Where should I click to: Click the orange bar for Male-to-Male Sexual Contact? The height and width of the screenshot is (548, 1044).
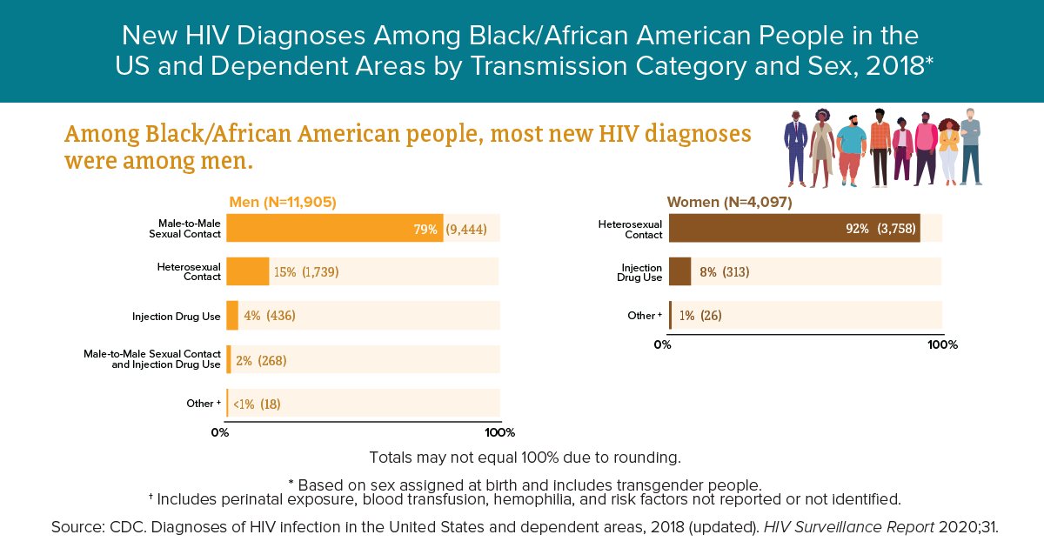coord(335,229)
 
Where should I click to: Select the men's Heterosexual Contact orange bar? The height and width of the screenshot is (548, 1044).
coord(248,272)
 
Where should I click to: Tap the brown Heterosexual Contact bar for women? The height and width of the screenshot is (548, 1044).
coord(794,228)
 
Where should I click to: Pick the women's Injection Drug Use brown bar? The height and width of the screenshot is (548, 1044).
coord(680,271)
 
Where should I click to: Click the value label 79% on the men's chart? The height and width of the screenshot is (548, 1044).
coord(425,230)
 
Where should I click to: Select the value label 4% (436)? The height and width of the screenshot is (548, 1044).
coord(270,316)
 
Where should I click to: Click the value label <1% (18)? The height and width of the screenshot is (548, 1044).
coord(257,404)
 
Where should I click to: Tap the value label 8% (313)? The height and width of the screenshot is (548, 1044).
coord(724,272)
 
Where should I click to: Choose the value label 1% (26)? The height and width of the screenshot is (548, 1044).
coord(700,316)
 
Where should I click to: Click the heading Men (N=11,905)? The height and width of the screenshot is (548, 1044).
coord(282,202)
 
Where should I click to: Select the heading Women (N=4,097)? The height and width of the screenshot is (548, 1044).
coord(729,202)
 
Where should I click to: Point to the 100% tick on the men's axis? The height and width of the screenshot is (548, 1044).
coord(499,432)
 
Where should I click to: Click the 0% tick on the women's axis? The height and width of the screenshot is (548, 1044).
coord(663,344)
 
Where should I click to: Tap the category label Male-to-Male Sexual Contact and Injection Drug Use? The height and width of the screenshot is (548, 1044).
coord(152,359)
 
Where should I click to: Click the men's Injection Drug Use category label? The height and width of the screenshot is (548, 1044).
coord(177,316)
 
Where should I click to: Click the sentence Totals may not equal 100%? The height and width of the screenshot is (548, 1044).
coord(525,457)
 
